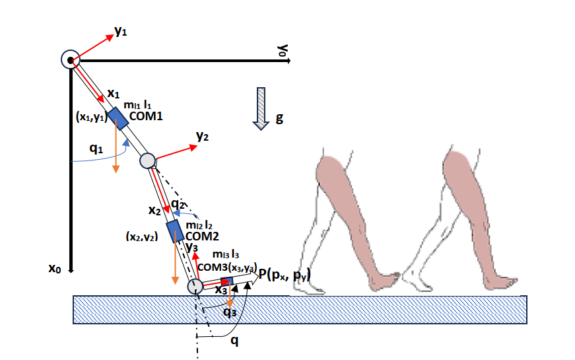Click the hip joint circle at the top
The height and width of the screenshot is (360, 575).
tap(70, 60)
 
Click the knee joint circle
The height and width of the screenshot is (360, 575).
tap(147, 161)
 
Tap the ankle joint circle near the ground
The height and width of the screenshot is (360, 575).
tap(195, 286)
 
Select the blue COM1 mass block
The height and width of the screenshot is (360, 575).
tap(118, 118)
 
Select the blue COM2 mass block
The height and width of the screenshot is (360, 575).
tap(176, 231)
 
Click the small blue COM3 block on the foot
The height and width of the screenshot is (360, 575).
tap(228, 281)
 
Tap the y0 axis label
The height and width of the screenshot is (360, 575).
tap(283, 51)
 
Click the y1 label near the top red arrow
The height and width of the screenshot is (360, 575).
tap(121, 32)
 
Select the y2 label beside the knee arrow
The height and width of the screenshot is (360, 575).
tap(202, 136)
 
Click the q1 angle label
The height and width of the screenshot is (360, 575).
tap(96, 149)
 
